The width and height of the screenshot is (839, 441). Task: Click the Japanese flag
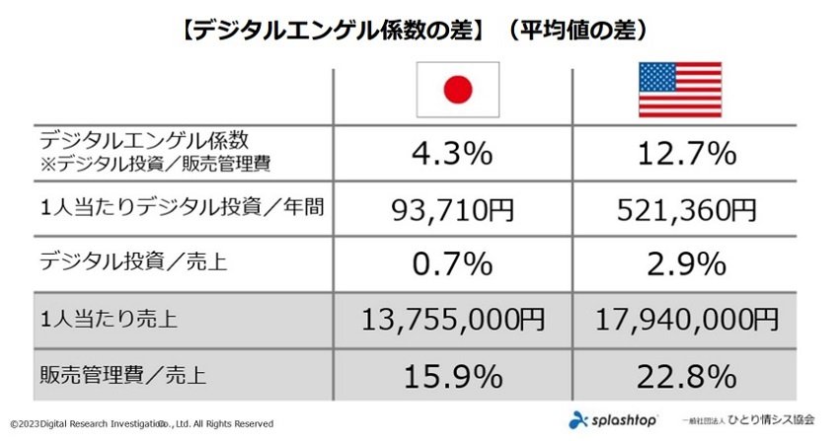[458, 89]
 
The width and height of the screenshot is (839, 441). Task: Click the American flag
[680, 89]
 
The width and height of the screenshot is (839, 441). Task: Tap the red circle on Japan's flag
[458, 89]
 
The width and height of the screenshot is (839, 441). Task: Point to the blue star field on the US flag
[657, 77]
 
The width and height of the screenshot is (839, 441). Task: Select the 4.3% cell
[452, 154]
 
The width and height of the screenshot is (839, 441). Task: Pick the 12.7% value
[687, 154]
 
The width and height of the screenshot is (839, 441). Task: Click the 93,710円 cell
[453, 210]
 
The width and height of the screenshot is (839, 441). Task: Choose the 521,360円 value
[687, 210]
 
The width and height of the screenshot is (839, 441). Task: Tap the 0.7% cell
[452, 264]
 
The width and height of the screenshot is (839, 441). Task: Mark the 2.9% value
[687, 264]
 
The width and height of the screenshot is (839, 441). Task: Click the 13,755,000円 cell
[453, 320]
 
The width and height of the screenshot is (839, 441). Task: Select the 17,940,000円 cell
[687, 320]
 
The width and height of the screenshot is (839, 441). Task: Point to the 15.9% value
[453, 376]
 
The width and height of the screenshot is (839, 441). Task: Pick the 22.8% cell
[687, 376]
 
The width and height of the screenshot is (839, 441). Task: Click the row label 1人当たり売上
[109, 319]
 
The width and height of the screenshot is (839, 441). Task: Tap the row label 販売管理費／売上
[122, 375]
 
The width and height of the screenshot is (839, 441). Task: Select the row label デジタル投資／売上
[133, 261]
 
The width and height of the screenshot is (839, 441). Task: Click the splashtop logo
[613, 420]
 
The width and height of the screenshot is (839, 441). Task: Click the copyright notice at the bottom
[142, 424]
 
